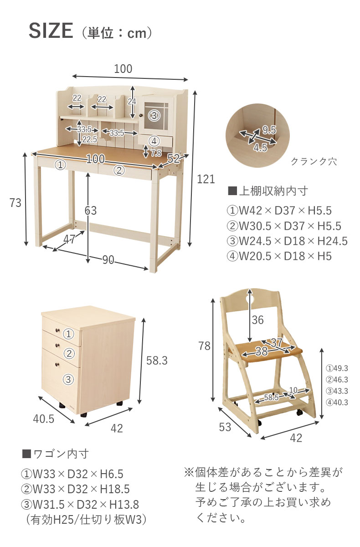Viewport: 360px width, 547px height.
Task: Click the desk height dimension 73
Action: [x=15, y=203]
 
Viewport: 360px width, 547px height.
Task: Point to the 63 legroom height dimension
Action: [x=91, y=210]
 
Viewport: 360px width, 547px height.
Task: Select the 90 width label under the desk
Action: [x=108, y=260]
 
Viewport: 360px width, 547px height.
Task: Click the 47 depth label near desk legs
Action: [x=69, y=239]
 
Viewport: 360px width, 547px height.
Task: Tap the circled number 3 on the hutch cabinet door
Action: [x=154, y=116]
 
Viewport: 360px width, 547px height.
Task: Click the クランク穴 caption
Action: [x=314, y=162]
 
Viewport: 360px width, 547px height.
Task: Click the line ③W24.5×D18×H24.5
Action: [x=287, y=241]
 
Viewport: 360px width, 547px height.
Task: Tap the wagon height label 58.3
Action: [x=157, y=361]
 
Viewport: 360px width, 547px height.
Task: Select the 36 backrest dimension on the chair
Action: [x=257, y=320]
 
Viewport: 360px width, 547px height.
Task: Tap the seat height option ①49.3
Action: [x=337, y=368]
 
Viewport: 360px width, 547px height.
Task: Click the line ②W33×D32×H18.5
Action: [x=75, y=490]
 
